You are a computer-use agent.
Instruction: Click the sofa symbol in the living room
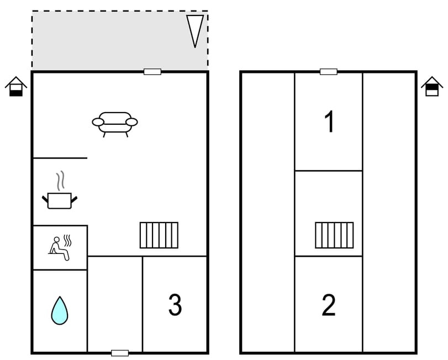[115, 123]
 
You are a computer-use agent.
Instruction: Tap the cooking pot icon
[60, 199]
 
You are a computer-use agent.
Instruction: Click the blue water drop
[60, 310]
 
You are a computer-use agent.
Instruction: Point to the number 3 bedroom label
[175, 305]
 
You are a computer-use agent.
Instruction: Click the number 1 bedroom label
[329, 122]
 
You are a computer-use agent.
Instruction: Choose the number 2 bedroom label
[329, 305]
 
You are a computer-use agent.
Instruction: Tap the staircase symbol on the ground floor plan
[159, 235]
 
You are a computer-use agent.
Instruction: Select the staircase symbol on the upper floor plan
[334, 235]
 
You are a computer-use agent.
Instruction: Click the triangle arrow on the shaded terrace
[195, 30]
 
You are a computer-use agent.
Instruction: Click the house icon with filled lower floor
[16, 87]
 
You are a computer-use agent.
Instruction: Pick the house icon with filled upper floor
[432, 87]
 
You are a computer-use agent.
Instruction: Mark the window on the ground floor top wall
[152, 72]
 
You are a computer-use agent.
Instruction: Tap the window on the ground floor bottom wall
[120, 353]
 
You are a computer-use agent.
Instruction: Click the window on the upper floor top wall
[329, 72]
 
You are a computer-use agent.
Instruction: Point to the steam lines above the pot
[61, 181]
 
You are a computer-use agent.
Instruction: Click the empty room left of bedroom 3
[115, 304]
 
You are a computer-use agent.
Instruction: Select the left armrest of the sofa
[98, 122]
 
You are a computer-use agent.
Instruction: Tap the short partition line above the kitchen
[60, 158]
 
